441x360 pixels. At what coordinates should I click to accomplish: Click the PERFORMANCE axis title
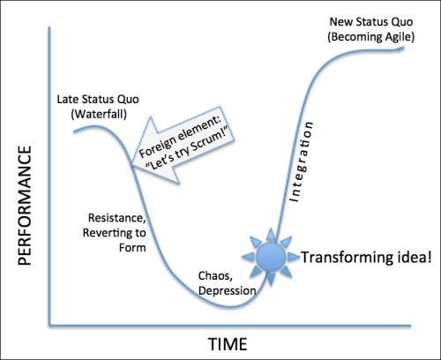(25, 206)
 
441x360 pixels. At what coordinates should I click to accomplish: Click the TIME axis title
(228, 344)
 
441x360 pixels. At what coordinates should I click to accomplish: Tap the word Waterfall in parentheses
(99, 114)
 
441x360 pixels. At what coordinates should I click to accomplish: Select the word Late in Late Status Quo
(67, 100)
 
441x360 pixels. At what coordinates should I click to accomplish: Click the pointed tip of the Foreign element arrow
(132, 165)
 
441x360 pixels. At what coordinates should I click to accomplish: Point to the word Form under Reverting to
(132, 247)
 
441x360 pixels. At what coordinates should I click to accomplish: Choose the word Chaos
(215, 276)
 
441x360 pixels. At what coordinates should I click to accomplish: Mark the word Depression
(227, 290)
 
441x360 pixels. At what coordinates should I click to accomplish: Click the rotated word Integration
(301, 161)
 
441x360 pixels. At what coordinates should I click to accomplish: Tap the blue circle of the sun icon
(271, 257)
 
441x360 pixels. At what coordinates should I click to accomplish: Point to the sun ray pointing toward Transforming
(293, 257)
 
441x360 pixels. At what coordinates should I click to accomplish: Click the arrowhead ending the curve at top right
(402, 49)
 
